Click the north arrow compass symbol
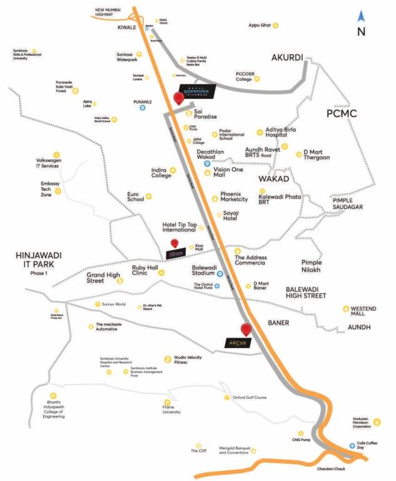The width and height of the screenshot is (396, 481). click(361, 17)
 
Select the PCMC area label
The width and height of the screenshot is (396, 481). click(341, 113)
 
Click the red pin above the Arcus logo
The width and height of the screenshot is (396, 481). click(246, 329)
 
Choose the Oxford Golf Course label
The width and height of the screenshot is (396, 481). click(250, 397)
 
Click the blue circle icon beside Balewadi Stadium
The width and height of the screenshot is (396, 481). click(220, 273)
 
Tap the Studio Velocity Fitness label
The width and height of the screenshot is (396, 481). click(189, 359)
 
